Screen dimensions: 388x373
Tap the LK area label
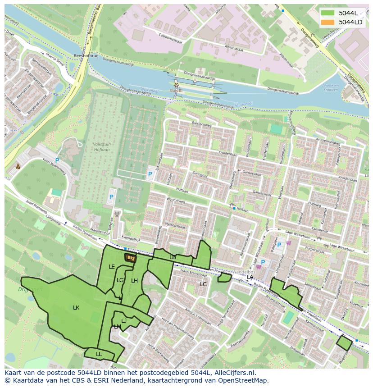(x=76, y=308)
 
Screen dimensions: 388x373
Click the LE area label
(x=112, y=267)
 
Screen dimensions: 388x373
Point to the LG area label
(x=120, y=280)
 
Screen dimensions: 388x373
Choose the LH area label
(x=134, y=281)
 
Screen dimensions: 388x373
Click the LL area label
(x=99, y=354)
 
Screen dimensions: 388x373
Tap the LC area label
(x=203, y=284)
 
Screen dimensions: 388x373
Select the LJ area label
(x=124, y=321)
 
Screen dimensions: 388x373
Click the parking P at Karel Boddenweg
(x=57, y=160)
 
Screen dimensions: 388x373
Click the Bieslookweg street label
(x=201, y=123)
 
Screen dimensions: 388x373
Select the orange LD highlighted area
(x=130, y=257)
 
